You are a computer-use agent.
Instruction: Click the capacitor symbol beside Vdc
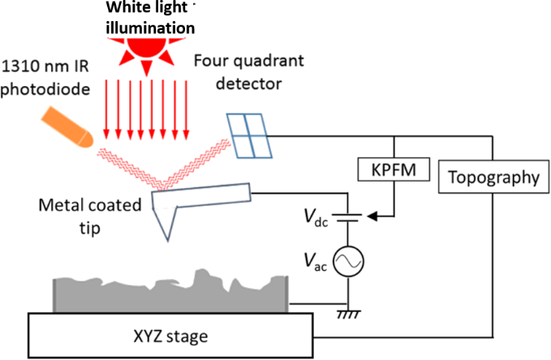coord(350,216)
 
